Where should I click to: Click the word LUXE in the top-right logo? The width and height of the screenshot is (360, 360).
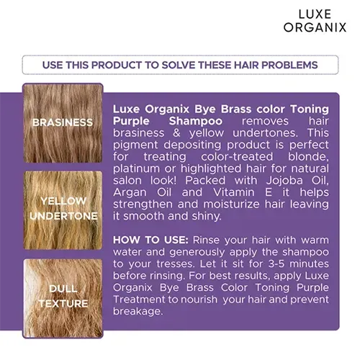(315, 14)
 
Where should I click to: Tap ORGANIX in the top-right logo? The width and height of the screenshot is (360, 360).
(315, 27)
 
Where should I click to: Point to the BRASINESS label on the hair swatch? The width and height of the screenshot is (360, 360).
(63, 122)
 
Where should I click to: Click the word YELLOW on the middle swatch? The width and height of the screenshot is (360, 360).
(63, 201)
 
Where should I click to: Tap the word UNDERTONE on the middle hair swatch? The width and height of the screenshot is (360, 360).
(64, 216)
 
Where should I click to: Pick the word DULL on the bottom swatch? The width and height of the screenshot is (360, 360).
(63, 289)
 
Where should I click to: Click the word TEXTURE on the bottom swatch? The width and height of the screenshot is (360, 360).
(63, 304)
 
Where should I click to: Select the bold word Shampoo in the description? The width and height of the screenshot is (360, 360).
(196, 121)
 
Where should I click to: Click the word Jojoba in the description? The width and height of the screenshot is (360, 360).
(284, 181)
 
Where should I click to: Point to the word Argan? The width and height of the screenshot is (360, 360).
(130, 192)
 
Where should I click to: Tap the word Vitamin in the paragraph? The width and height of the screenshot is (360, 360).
(234, 192)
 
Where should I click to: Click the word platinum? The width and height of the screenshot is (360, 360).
(136, 169)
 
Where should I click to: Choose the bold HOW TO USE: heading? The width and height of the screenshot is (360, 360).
(150, 240)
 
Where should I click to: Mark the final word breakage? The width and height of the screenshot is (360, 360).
(138, 312)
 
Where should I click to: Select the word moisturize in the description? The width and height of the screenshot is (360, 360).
(231, 204)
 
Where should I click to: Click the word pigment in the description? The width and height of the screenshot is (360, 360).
(135, 145)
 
